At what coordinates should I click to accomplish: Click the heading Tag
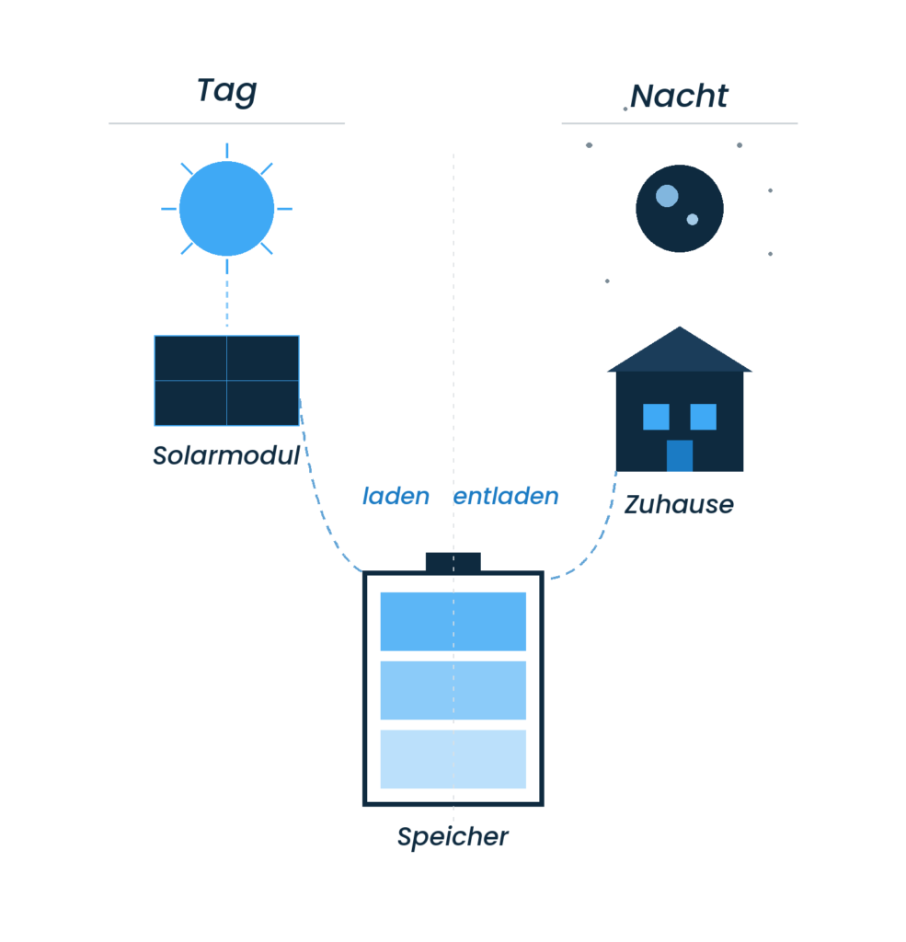(x=226, y=92)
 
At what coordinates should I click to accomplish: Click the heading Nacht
(x=680, y=97)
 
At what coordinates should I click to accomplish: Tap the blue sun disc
(x=226, y=209)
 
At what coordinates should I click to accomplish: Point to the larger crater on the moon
(x=667, y=196)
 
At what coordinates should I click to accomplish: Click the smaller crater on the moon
(x=693, y=220)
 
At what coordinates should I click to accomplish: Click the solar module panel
(x=226, y=381)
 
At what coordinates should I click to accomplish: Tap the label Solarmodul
(x=226, y=455)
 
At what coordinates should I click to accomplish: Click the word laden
(x=396, y=497)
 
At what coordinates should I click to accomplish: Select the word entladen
(x=506, y=497)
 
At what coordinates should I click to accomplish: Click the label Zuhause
(x=679, y=505)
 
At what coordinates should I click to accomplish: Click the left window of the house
(x=656, y=417)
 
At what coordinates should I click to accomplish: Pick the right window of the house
(x=703, y=417)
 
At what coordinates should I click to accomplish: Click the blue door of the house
(x=679, y=455)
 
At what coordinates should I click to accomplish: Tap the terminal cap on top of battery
(x=453, y=561)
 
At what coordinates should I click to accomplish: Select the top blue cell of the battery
(x=453, y=621)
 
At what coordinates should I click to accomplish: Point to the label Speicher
(x=453, y=838)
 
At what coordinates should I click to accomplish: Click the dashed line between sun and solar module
(x=227, y=294)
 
